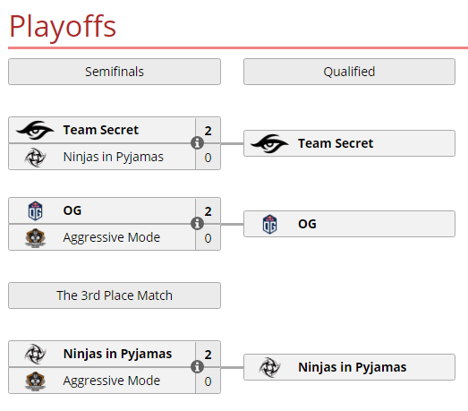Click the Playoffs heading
(x=63, y=27)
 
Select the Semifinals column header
(x=115, y=72)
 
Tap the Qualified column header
(x=349, y=72)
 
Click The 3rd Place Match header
(x=115, y=295)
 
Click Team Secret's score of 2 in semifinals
(x=208, y=131)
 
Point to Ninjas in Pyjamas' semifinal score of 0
(x=208, y=158)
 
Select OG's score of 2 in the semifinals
(x=208, y=211)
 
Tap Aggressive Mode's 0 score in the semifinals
(x=208, y=238)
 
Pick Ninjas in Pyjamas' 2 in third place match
(x=208, y=355)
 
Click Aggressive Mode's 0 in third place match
(x=208, y=381)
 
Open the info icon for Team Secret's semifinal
(x=197, y=142)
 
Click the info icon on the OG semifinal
(x=197, y=224)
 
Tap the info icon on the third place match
(x=197, y=367)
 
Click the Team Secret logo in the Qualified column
(x=269, y=143)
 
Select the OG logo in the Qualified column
(x=269, y=224)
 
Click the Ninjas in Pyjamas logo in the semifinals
(x=35, y=157)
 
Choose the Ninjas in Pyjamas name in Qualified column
(x=353, y=367)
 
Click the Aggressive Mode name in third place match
(x=112, y=381)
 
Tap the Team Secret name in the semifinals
(x=101, y=130)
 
